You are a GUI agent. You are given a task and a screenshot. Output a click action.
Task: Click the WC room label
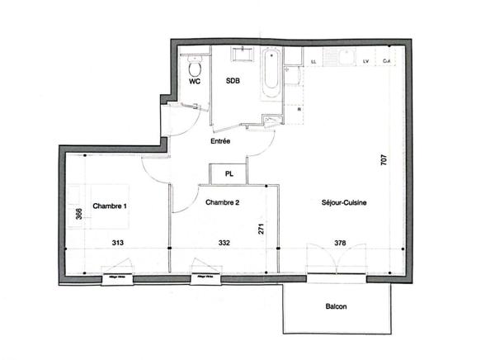click(195, 83)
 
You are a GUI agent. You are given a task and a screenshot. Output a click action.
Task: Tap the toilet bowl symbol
click(195, 66)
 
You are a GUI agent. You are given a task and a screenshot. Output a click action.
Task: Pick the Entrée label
click(219, 141)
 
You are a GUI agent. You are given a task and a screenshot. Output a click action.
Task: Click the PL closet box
click(228, 174)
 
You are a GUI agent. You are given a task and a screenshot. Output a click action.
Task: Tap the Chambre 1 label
click(109, 206)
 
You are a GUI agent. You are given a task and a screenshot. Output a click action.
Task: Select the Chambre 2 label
click(222, 202)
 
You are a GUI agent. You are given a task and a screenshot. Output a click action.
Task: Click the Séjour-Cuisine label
click(345, 202)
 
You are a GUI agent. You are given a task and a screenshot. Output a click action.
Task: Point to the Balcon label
click(336, 307)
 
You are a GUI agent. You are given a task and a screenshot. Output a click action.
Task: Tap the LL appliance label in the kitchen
click(315, 61)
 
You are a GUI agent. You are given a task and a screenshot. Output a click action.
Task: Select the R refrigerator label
click(297, 108)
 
